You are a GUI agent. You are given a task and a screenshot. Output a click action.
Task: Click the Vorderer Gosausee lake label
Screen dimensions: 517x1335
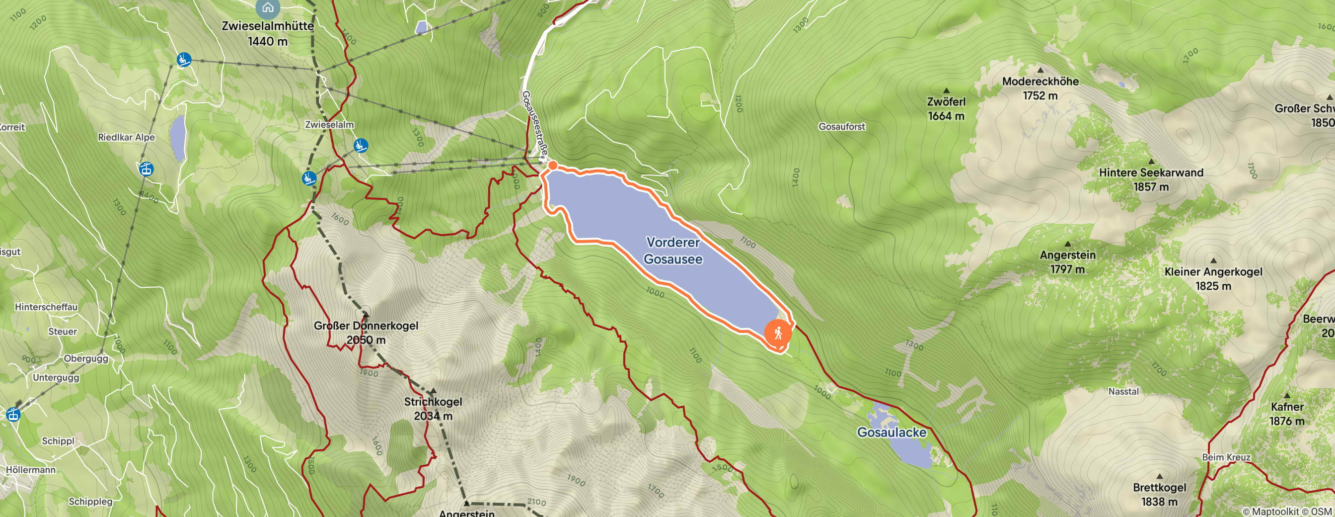click(672, 251)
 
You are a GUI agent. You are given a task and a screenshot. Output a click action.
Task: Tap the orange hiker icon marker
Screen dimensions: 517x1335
click(778, 333)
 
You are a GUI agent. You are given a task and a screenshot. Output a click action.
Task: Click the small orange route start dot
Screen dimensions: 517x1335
click(553, 166)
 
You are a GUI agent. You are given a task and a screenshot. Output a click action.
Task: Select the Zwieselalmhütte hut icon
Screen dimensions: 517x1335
click(267, 7)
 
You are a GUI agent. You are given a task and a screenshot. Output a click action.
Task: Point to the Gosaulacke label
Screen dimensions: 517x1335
click(891, 432)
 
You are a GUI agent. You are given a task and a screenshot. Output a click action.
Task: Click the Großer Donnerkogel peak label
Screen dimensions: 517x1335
click(366, 333)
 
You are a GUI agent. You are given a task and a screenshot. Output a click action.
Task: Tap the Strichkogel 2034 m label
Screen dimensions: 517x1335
click(433, 409)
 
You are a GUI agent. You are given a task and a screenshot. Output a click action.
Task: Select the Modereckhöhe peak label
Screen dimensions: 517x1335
click(1040, 88)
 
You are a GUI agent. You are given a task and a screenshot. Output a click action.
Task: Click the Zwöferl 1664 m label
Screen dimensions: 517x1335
click(946, 108)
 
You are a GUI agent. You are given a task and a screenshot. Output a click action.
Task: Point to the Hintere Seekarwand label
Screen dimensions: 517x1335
click(1151, 179)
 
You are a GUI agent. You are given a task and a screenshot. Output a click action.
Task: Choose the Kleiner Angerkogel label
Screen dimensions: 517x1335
click(1213, 278)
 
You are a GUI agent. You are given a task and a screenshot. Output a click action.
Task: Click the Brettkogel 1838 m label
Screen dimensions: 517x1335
click(1159, 494)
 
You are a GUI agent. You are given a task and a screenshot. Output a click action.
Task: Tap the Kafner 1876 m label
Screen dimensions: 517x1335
click(1286, 414)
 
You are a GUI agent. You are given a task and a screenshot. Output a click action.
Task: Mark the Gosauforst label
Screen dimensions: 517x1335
click(842, 127)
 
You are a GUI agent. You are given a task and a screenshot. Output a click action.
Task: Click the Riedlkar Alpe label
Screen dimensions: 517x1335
click(127, 137)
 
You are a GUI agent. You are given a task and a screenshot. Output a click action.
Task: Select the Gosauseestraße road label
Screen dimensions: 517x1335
click(534, 124)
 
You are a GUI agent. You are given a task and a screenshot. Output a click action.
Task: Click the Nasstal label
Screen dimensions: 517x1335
click(1123, 392)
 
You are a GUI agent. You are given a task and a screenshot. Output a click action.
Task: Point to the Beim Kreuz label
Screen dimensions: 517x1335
click(1226, 457)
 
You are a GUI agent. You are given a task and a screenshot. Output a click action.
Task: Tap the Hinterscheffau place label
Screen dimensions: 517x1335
click(46, 307)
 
